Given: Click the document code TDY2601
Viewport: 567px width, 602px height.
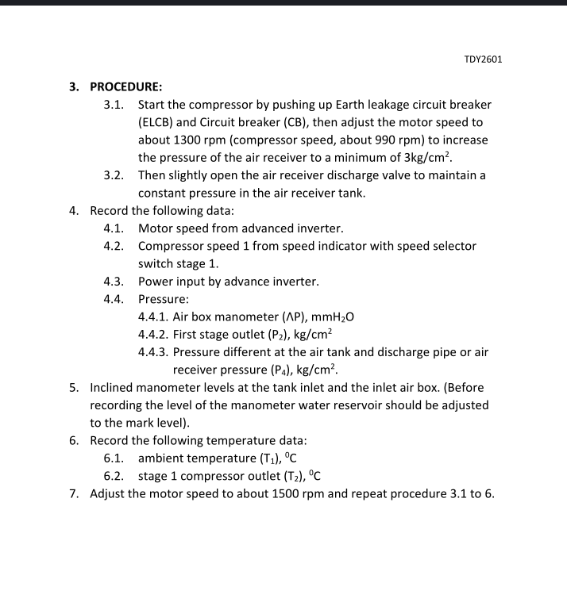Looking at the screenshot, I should (x=483, y=59).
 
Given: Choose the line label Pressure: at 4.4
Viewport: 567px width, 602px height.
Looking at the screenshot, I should (x=163, y=299).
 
